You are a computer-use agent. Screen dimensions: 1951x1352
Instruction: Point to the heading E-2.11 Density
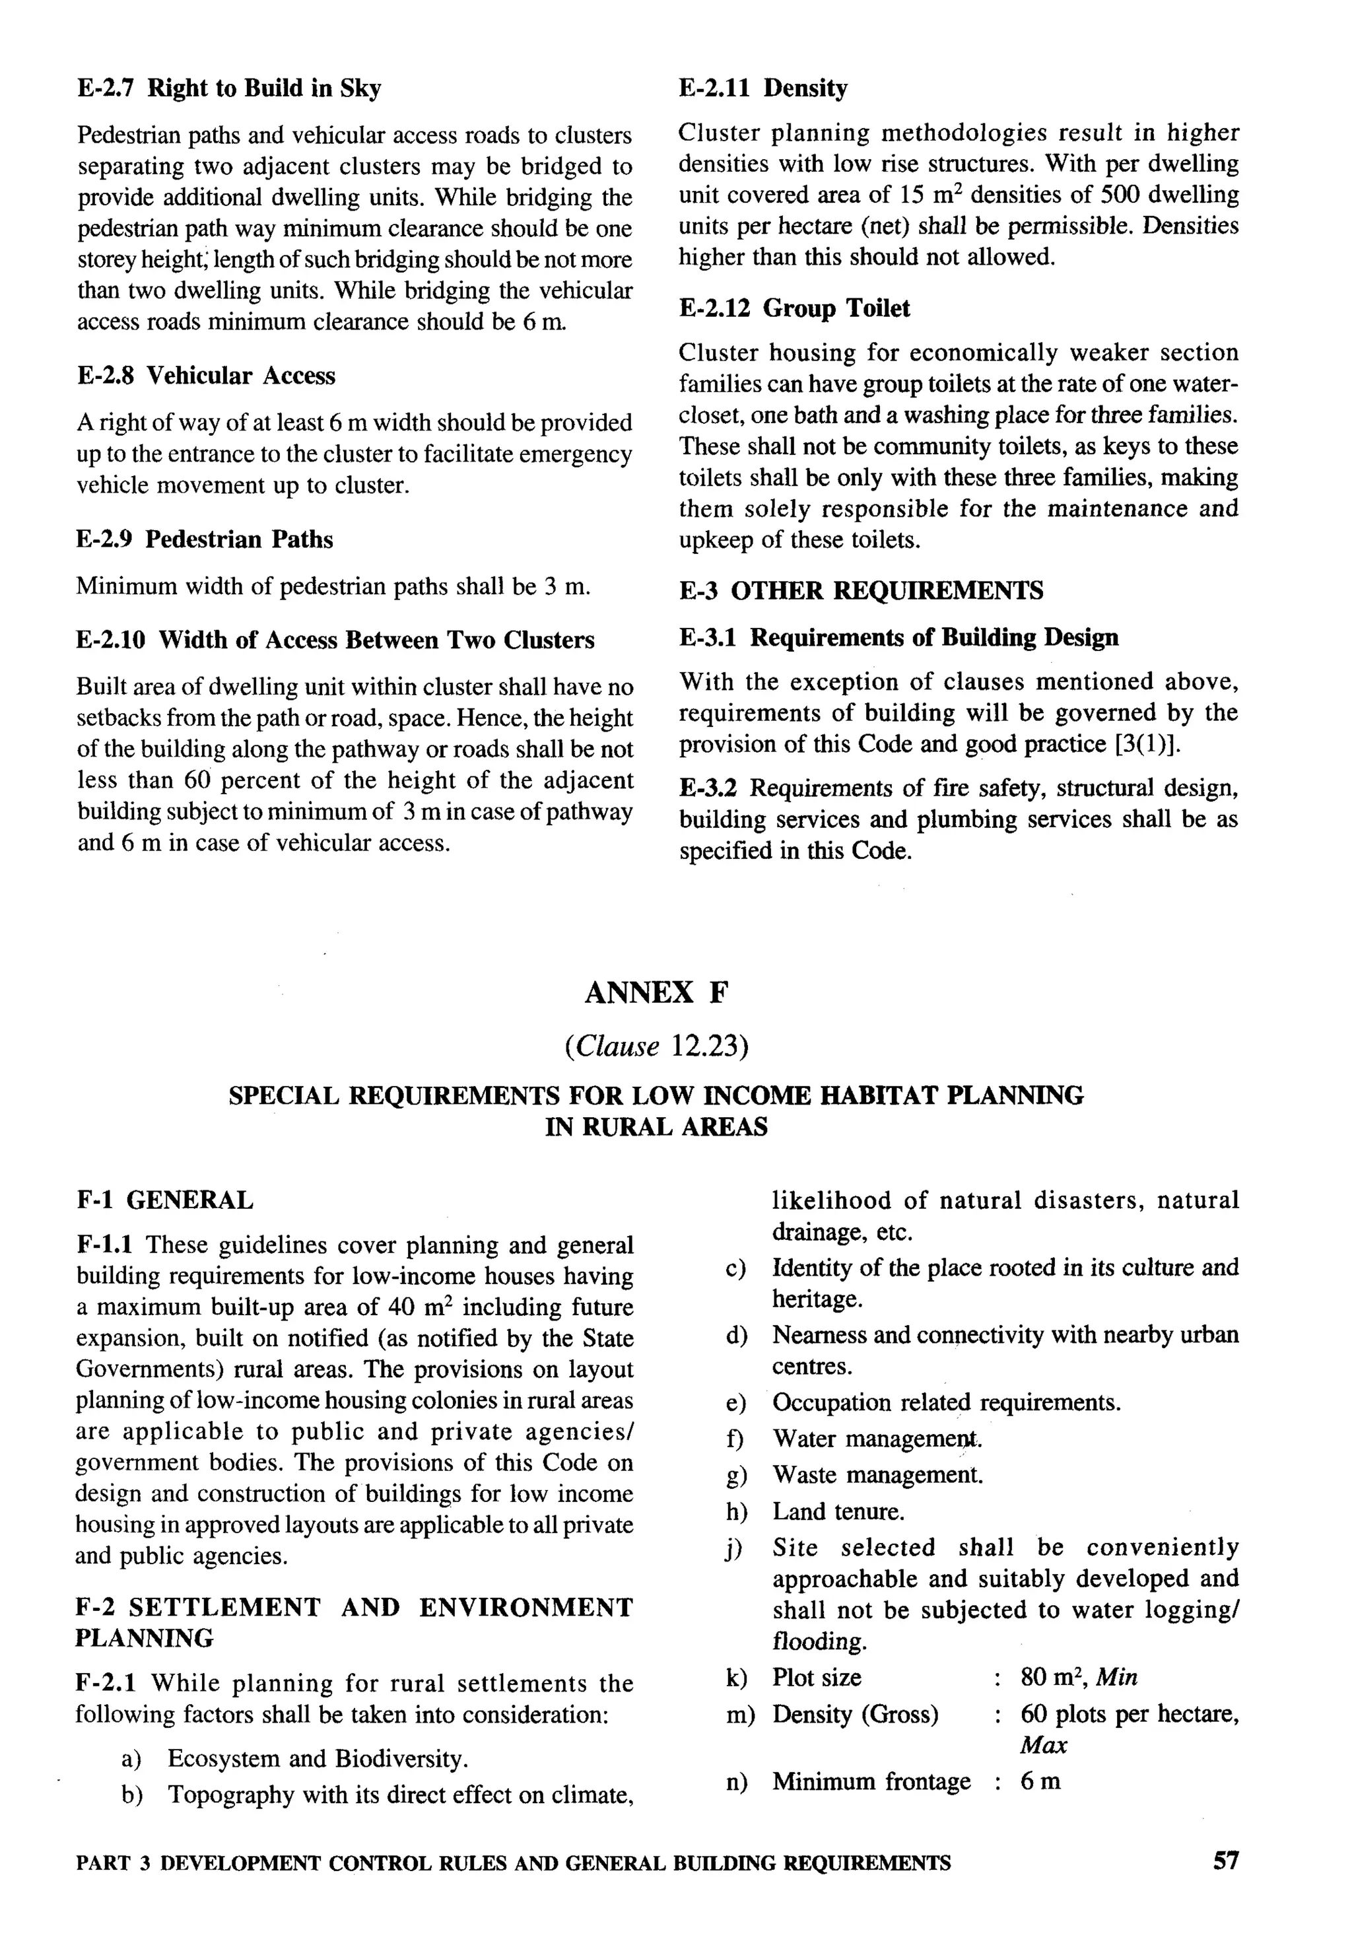tap(762, 88)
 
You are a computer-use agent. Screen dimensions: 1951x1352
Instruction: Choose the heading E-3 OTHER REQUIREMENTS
tap(861, 590)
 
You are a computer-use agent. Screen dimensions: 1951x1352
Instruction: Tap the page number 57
tap(1225, 1861)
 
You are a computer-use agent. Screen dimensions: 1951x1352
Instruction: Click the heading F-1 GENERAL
tap(164, 1200)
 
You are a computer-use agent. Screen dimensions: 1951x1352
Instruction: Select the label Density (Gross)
tap(855, 1715)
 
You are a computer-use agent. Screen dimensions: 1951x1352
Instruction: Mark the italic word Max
tap(1044, 1745)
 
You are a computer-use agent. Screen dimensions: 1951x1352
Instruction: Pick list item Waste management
tap(877, 1475)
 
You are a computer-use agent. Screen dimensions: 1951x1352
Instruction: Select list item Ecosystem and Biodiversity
tap(318, 1759)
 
